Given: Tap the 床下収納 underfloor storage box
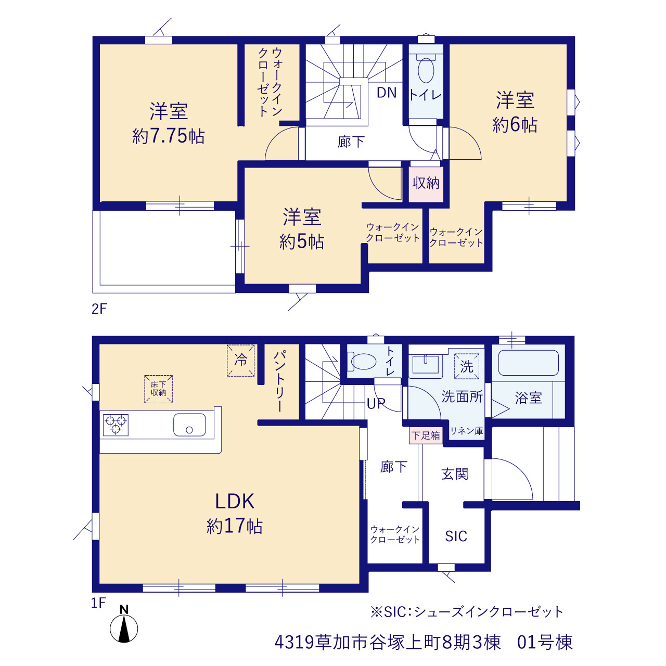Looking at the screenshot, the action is coord(158,389).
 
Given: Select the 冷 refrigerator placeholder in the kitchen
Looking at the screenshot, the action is coord(240,360).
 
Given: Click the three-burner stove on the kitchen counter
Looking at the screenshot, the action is coord(116,425).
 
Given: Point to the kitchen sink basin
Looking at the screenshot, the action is coord(189,425).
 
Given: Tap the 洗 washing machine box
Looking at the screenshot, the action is coord(467,366).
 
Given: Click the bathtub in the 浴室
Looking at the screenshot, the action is coord(529,363).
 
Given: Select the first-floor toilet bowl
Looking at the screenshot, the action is coord(363,362).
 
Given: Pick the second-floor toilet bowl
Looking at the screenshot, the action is coord(426,70).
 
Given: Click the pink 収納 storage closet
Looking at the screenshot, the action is coord(426,184).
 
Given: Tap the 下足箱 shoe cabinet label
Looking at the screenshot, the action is coord(426,435).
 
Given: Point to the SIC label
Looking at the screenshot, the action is coord(456,536).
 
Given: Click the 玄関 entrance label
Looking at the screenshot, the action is coord(455,474).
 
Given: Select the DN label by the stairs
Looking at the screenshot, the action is coord(387,93).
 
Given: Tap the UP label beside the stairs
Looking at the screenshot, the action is coord(376,403).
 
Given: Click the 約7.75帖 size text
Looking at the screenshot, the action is coord(168,136).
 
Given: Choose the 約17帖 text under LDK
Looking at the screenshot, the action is coord(235,526).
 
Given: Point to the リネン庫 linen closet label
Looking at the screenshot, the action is coord(467,431).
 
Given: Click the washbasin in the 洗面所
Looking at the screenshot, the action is coord(426,365).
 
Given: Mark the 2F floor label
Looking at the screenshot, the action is coord(99,309).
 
